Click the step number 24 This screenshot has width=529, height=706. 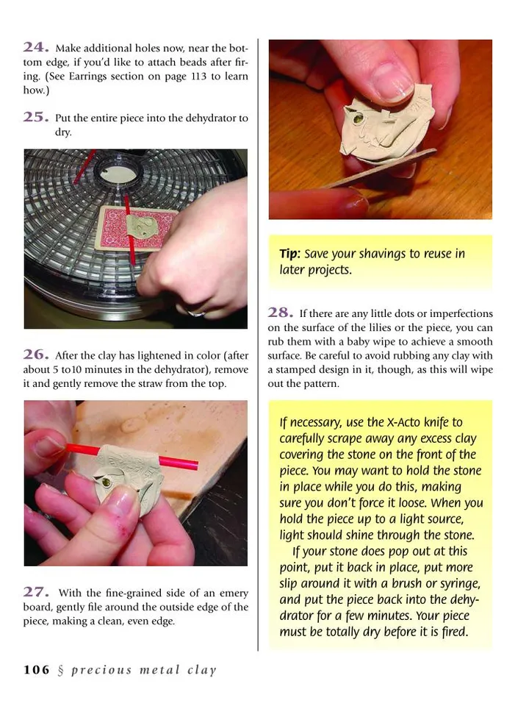[36, 47]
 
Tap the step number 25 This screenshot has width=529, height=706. [36, 117]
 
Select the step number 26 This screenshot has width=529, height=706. [36, 354]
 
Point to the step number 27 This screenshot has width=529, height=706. [36, 591]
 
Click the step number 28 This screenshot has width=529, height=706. [281, 312]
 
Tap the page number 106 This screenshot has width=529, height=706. [37, 669]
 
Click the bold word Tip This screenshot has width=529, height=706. [289, 254]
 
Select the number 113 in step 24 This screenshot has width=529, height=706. [198, 76]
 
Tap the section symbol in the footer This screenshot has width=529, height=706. [61, 671]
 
